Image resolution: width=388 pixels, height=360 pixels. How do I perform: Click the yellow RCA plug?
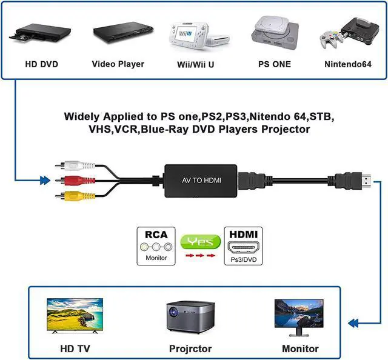click(75, 196)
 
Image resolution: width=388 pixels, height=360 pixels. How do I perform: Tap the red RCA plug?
click(75, 180)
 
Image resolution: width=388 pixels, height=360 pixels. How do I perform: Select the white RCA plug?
click(75, 165)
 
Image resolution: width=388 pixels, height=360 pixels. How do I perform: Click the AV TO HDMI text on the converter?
click(202, 180)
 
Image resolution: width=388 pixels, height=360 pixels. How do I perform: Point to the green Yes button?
click(201, 241)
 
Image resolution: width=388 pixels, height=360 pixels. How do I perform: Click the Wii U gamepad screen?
click(184, 33)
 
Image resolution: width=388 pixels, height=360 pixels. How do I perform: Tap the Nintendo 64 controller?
click(331, 38)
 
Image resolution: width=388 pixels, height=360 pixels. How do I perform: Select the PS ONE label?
click(275, 64)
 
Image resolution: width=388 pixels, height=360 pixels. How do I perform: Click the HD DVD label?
click(42, 64)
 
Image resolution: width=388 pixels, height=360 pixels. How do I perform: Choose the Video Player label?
click(118, 64)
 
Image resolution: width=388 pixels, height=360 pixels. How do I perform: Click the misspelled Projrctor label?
click(190, 348)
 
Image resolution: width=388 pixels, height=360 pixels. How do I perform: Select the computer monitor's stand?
click(299, 332)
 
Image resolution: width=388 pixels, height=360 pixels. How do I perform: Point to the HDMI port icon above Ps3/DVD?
click(244, 247)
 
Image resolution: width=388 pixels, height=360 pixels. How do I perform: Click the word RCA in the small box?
click(156, 235)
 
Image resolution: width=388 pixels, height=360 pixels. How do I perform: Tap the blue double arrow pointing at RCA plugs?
click(45, 181)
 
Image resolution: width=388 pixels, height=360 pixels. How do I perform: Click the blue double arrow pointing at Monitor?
click(353, 323)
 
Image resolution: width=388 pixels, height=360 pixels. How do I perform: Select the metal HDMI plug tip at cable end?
click(366, 181)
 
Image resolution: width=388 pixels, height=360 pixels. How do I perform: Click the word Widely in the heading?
click(82, 116)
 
